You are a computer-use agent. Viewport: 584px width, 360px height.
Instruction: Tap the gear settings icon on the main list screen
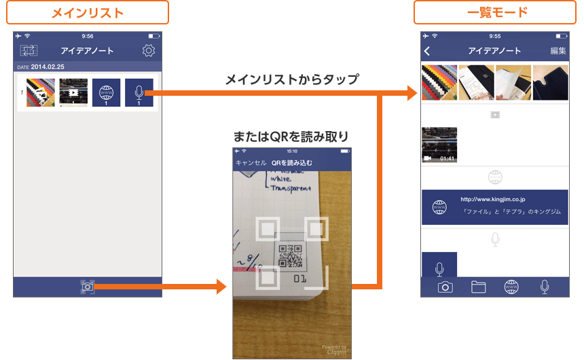[149, 50]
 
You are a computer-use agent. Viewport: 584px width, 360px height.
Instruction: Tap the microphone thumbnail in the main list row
[139, 92]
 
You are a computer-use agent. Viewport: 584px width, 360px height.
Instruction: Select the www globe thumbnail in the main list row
[106, 92]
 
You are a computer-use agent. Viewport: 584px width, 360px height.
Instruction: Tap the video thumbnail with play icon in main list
[73, 92]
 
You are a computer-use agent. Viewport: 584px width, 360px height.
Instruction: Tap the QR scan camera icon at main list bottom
[87, 287]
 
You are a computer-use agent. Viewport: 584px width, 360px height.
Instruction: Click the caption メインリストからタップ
[292, 79]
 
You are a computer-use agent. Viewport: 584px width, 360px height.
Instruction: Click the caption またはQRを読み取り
[292, 137]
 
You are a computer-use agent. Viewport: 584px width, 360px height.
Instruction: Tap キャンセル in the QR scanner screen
[251, 163]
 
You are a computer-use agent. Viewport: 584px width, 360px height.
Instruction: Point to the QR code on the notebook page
[290, 257]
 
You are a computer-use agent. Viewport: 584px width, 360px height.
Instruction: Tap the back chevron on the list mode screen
[427, 51]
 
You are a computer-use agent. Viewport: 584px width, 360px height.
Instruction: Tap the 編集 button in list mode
[558, 51]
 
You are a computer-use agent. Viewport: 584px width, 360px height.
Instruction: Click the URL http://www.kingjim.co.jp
[493, 200]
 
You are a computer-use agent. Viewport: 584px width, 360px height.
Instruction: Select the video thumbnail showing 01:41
[439, 145]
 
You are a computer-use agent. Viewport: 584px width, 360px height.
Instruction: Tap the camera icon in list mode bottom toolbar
[445, 287]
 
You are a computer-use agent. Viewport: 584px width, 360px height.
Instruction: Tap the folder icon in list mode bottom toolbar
[478, 287]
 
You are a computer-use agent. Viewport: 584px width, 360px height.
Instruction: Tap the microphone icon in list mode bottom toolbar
[544, 287]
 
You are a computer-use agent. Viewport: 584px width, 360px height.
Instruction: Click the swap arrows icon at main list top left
[29, 51]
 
